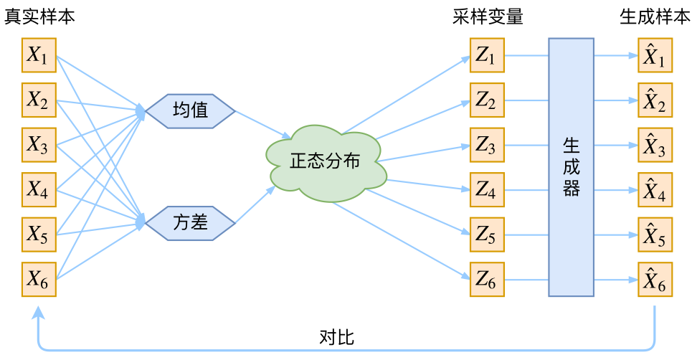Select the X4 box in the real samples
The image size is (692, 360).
click(x=39, y=189)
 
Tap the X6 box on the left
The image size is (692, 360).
click(x=39, y=280)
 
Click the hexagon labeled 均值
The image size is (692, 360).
click(x=190, y=111)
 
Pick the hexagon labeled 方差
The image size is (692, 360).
click(x=190, y=222)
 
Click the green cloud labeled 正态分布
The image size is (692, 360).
click(x=326, y=162)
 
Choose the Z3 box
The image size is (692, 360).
click(x=485, y=145)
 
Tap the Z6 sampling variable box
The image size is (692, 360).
click(x=485, y=280)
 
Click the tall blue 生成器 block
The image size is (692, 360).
click(x=571, y=167)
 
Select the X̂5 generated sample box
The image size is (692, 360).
click(x=655, y=235)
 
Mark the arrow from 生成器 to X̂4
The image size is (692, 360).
click(x=615, y=190)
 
